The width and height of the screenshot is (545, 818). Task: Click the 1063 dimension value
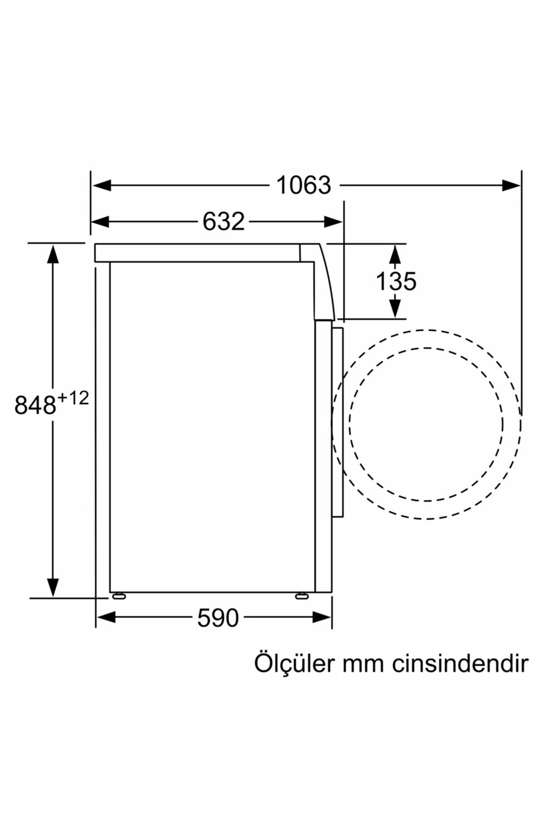click(x=304, y=185)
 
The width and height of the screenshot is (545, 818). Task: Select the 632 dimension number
click(x=223, y=221)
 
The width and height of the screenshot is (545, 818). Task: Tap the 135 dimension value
click(x=396, y=281)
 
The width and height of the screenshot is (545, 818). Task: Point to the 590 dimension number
click(x=218, y=618)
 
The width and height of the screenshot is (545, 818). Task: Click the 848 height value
click(x=35, y=405)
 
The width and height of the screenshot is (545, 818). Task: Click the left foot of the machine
click(x=119, y=596)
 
